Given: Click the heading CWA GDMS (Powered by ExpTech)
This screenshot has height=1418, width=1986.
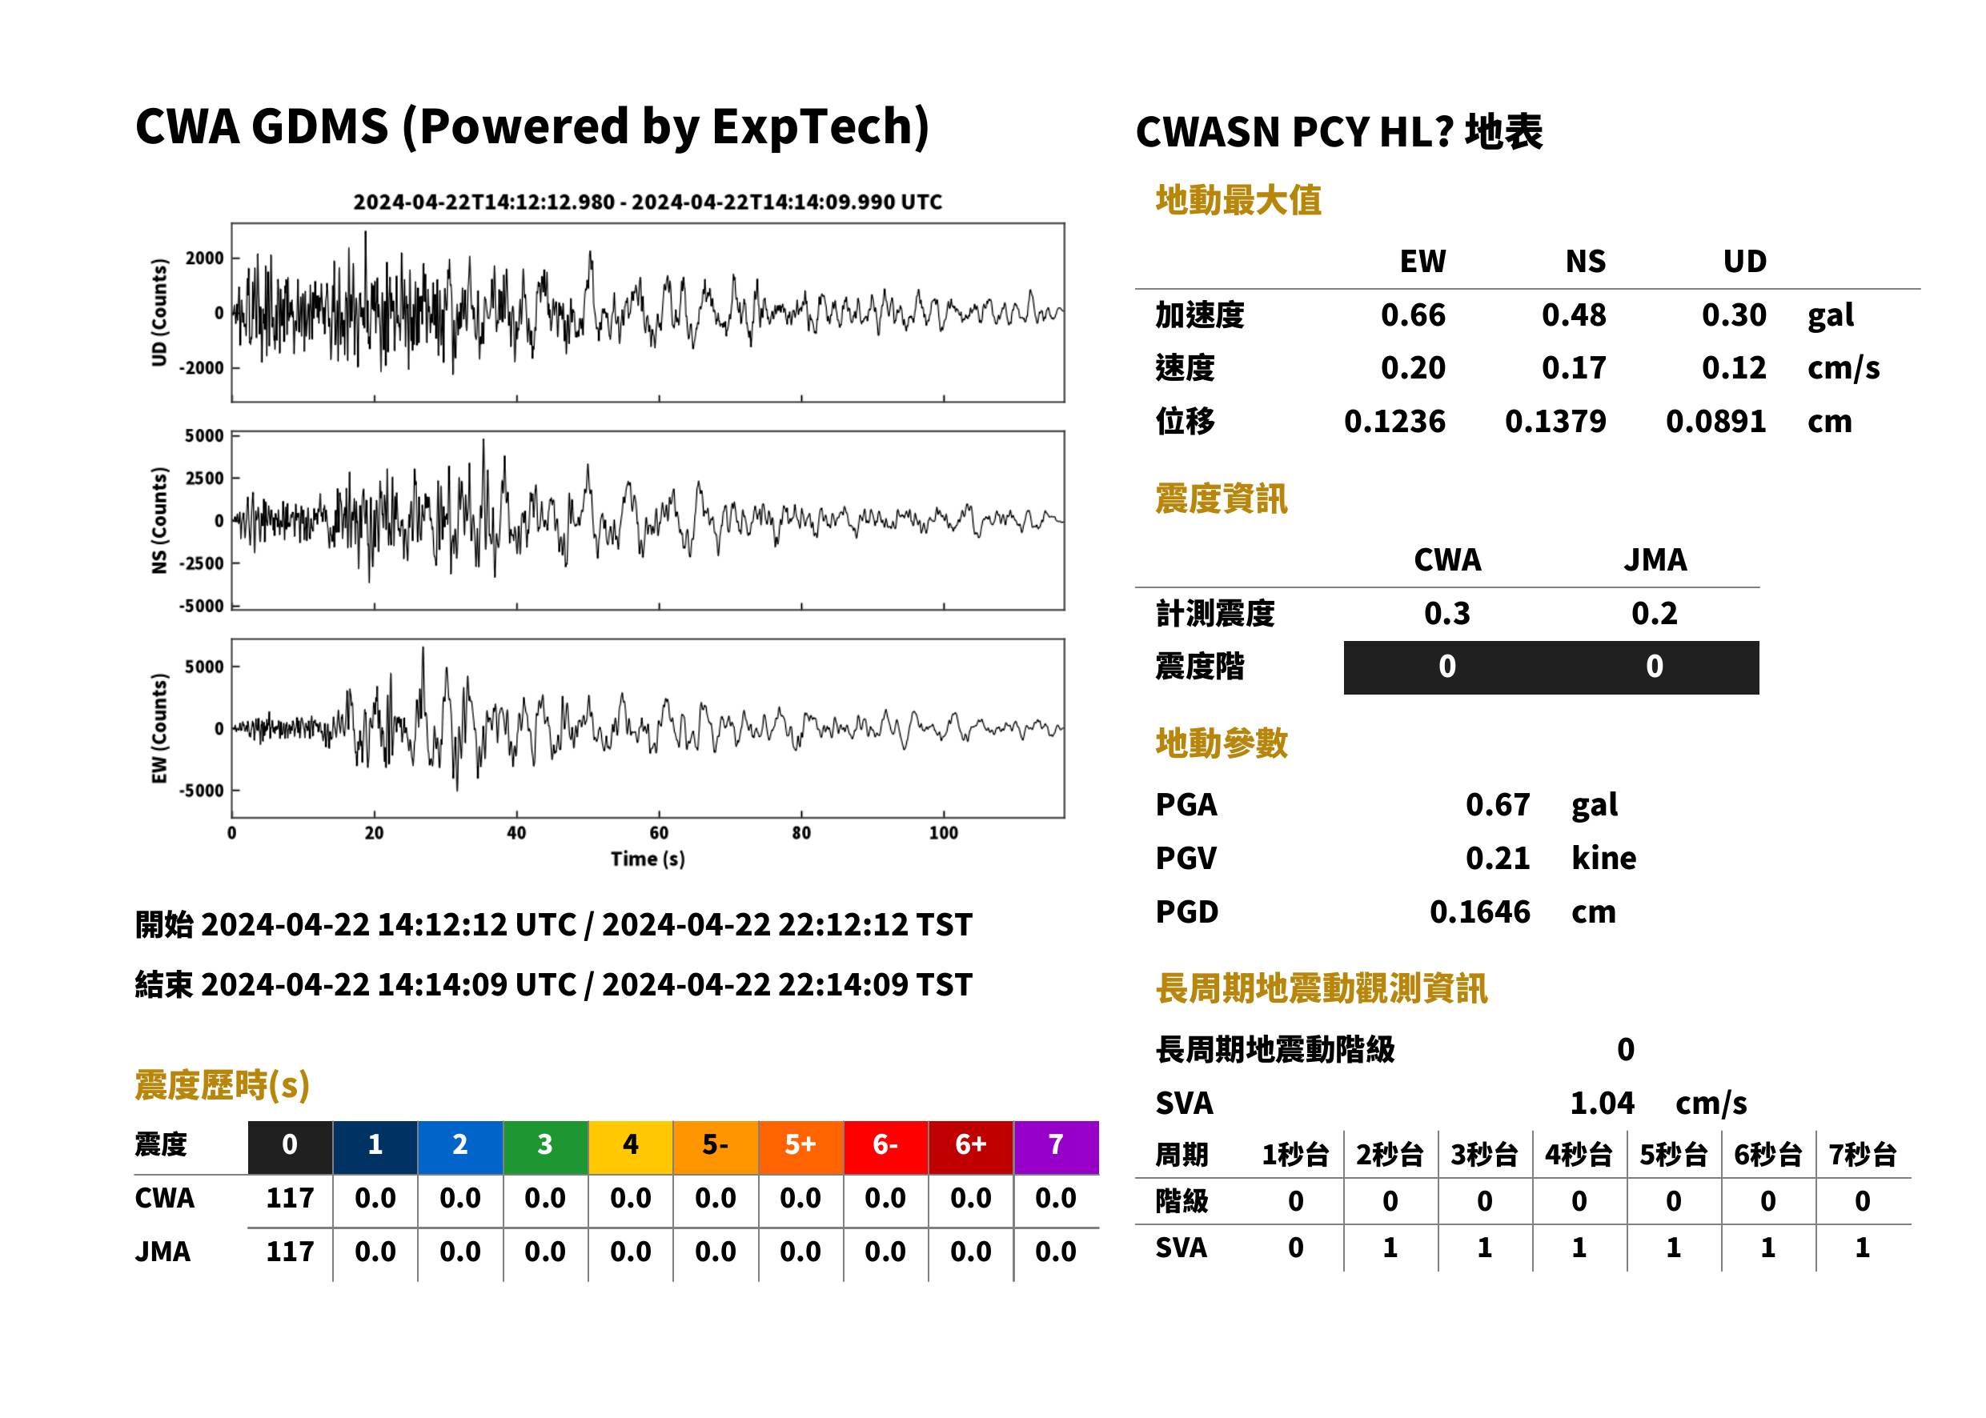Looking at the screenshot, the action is [532, 127].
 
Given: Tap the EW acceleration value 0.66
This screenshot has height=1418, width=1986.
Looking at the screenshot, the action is [1412, 315].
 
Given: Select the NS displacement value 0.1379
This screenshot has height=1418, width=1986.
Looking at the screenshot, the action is [1555, 422].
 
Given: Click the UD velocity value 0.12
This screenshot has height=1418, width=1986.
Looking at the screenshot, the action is [1734, 368].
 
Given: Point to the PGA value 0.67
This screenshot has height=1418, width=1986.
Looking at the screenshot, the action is [1497, 805].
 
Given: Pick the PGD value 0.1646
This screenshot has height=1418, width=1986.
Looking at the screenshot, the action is [1479, 912].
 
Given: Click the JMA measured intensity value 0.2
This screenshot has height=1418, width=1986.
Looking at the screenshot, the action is [1654, 614].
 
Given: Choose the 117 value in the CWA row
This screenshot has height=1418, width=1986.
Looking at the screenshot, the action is [290, 1199].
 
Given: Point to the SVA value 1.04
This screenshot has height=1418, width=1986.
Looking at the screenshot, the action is [1602, 1104].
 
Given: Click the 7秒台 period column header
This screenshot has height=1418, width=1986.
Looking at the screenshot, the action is [1862, 1156].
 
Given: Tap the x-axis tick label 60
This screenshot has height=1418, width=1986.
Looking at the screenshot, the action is [659, 833].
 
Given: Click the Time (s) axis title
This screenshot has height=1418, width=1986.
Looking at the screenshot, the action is [647, 859].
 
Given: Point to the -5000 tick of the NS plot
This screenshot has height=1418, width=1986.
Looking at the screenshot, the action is [202, 606].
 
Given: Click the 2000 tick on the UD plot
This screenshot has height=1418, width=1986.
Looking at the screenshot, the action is [205, 258].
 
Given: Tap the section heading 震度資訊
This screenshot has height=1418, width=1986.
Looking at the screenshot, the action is [1221, 499].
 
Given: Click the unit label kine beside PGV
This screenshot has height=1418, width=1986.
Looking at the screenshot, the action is [1603, 859].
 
